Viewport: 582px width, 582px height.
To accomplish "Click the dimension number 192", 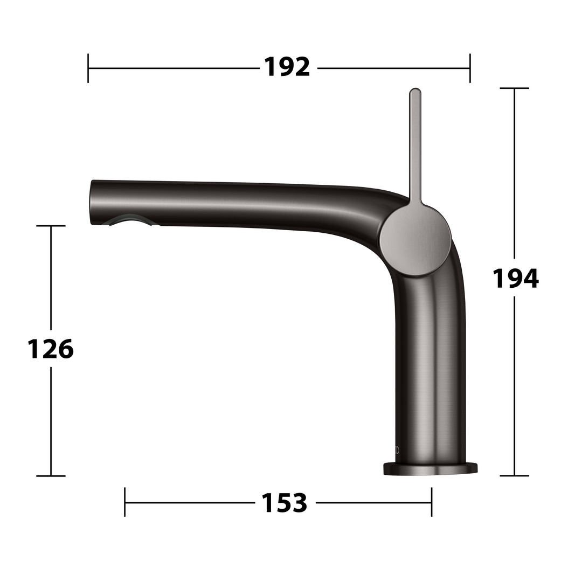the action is [287, 67].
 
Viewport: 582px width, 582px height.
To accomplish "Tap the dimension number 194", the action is [515, 278].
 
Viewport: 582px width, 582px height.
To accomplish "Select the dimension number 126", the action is [51, 349].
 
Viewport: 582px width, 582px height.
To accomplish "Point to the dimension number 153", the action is [285, 503].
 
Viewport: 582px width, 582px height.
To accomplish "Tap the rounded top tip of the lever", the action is [415, 90].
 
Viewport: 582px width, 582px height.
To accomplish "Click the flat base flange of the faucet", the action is [430, 469].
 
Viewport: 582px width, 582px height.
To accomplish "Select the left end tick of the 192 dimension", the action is [88, 68].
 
